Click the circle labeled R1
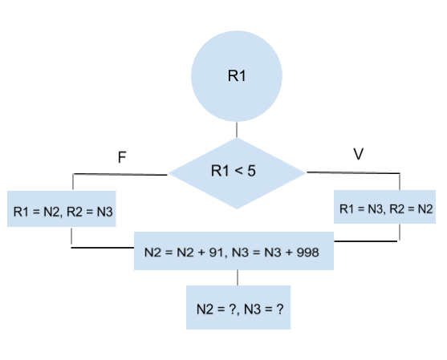(x=237, y=77)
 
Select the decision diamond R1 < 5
(x=237, y=172)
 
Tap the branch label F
(x=122, y=157)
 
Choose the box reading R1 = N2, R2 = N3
(x=63, y=212)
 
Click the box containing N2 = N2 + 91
(x=232, y=252)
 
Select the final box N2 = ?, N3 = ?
(x=238, y=308)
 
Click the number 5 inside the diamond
(x=252, y=171)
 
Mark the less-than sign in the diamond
(x=238, y=171)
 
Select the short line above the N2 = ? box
(x=238, y=278)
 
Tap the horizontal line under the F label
(x=120, y=174)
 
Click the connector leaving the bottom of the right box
(x=399, y=233)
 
